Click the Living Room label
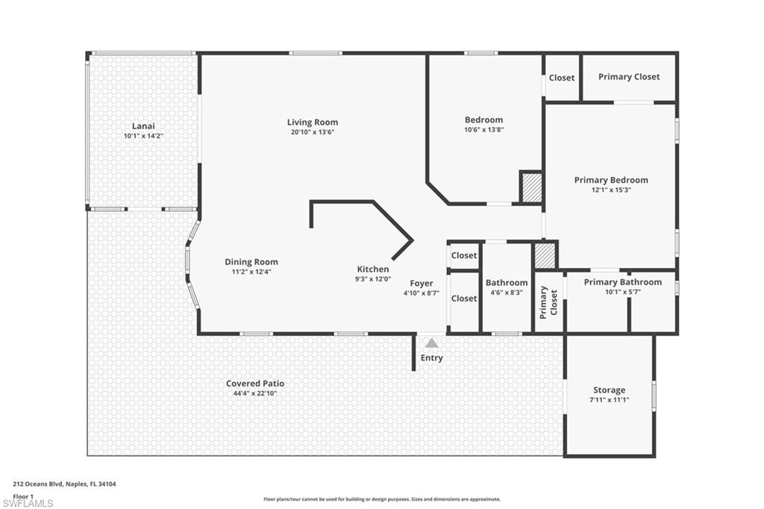(313, 122)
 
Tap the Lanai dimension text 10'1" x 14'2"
(143, 137)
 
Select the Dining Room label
(251, 262)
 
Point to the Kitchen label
(372, 269)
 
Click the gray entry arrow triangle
(431, 343)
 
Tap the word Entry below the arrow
(431, 358)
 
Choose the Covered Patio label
(255, 384)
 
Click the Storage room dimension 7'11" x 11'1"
(609, 400)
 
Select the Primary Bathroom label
(622, 282)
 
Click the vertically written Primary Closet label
(548, 301)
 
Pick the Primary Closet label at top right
(629, 77)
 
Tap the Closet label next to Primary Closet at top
(562, 78)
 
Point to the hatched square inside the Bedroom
(530, 187)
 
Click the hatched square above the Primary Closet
(545, 256)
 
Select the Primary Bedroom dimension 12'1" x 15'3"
(610, 190)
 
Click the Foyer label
(422, 284)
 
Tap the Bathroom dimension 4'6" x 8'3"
(507, 293)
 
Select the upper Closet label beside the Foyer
(464, 255)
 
